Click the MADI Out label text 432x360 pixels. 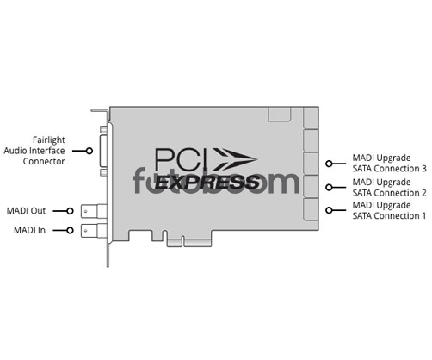[x=26, y=211]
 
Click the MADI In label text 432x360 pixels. [x=30, y=230]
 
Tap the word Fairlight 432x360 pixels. [x=49, y=140]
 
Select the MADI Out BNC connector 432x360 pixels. [x=94, y=211]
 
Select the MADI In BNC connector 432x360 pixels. [x=94, y=231]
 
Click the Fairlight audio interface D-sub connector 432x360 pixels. [x=103, y=151]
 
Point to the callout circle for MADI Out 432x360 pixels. [x=70, y=211]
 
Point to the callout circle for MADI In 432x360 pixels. [x=70, y=230]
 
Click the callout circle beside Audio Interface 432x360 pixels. [x=89, y=151]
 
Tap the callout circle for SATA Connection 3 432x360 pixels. [x=329, y=164]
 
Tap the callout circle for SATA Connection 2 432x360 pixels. [x=329, y=188]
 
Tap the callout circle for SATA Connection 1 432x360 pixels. [x=329, y=210]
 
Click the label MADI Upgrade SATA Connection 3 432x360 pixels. [x=390, y=163]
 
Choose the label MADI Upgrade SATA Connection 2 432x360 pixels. [x=390, y=188]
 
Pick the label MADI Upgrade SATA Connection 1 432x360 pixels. [x=390, y=210]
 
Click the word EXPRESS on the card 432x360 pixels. [x=207, y=182]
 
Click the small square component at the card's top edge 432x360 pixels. [x=280, y=115]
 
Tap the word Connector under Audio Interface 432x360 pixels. [x=44, y=161]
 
